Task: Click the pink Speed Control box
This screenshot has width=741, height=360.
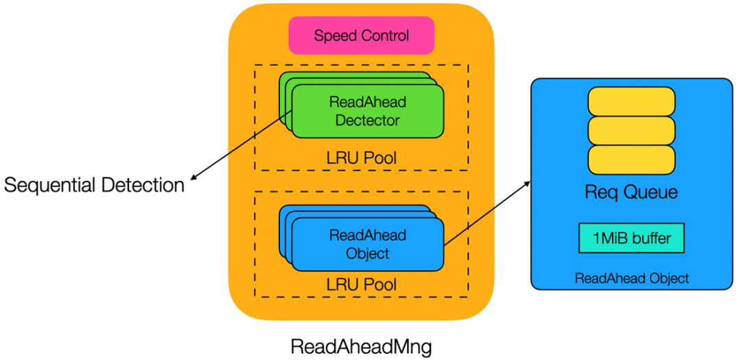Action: pos(361,36)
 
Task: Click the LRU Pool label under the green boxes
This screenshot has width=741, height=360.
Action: pos(362,159)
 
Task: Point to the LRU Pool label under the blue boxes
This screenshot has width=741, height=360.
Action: pos(362,283)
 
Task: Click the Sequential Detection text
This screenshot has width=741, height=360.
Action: pos(95,185)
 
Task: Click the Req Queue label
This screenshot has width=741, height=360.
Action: pos(631,193)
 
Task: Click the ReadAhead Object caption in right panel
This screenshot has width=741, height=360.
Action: pos(631,278)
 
